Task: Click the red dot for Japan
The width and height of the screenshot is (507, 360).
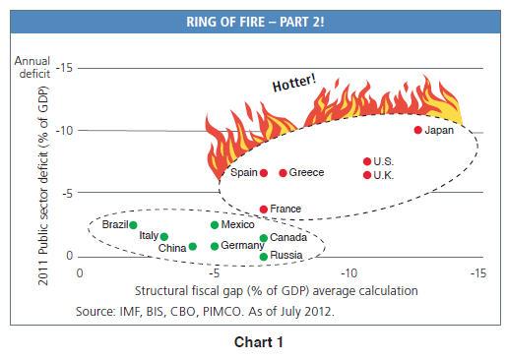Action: [x=418, y=130]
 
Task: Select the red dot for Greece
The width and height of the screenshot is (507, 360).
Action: [x=284, y=173]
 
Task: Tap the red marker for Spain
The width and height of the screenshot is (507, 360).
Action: [x=264, y=173]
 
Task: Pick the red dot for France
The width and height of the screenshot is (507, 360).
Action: [x=264, y=210]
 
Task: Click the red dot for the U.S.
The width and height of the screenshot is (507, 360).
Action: [x=367, y=161]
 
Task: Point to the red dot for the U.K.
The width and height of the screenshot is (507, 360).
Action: [x=367, y=175]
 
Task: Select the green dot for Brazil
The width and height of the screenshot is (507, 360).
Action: [x=133, y=225]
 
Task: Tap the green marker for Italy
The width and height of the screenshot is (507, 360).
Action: [x=164, y=236]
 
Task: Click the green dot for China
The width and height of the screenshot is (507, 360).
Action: [x=192, y=247]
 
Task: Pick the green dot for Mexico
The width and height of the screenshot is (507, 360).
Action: [x=215, y=225]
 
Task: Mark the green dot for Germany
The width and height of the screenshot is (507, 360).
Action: [x=215, y=245]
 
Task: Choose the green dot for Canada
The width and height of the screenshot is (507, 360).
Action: [x=264, y=238]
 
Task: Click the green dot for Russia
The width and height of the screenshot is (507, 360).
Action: [x=264, y=257]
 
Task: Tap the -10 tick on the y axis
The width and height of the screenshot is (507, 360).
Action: [x=60, y=131]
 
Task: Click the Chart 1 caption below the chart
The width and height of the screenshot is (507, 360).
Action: [x=252, y=344]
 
